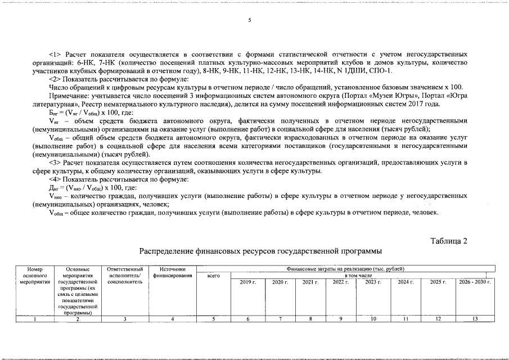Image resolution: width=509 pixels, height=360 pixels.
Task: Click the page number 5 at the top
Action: pos(249,21)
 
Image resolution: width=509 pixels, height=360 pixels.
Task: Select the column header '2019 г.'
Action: pos(247,281)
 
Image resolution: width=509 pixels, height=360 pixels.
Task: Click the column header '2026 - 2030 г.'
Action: pos(475,281)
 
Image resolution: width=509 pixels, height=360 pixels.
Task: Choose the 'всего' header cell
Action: pos(213,276)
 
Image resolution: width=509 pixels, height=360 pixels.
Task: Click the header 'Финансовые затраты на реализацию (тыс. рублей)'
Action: pos(345,269)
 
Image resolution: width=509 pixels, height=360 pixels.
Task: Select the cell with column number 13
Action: pos(475,319)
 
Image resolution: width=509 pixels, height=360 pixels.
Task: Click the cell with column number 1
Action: pos(35,319)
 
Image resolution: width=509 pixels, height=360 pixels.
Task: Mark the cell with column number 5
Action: pos(213,319)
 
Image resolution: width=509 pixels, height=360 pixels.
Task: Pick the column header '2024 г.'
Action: pos(406,281)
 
